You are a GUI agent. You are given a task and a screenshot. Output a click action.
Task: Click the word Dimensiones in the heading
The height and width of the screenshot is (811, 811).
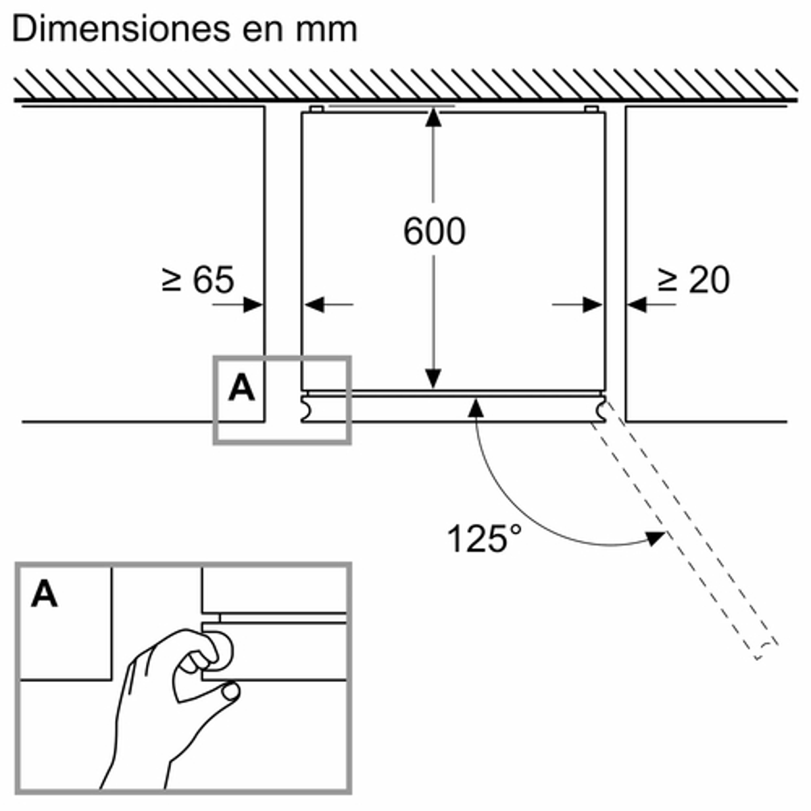coord(121,30)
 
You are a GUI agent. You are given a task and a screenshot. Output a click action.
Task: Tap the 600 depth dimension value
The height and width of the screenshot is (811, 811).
coord(435,231)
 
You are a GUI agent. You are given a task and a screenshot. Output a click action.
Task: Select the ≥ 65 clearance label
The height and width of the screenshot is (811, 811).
coord(198,279)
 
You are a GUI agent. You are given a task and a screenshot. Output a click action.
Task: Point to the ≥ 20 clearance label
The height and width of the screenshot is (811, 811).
coord(693,279)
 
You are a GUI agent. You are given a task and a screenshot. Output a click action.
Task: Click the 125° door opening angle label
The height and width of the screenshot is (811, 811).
coord(484,539)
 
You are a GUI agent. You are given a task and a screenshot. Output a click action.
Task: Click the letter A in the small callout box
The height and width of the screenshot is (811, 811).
coord(241,388)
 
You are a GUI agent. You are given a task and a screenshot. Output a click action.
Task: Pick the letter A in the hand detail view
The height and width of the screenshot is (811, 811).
coord(44,594)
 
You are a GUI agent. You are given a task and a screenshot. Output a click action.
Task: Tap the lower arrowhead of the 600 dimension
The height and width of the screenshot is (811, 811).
coord(433,378)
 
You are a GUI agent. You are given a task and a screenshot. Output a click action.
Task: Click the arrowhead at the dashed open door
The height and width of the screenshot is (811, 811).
coord(656,539)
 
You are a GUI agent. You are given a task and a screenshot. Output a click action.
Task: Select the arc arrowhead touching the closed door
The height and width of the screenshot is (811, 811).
coord(476,408)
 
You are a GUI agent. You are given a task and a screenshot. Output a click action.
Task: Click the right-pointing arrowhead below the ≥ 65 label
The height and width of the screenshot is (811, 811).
coord(253,305)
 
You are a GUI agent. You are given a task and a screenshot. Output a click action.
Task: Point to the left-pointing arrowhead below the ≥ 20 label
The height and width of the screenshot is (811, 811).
coord(637,305)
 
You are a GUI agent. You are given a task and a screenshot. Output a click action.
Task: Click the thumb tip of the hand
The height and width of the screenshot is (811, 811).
coord(230,692)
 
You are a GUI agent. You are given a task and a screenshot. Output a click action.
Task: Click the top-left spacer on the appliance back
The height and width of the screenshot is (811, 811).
coord(316,109)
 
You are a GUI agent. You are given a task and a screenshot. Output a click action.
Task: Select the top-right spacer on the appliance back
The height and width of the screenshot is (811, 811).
coord(591,109)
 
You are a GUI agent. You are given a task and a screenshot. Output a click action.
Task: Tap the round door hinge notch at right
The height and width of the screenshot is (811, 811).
coord(601,410)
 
